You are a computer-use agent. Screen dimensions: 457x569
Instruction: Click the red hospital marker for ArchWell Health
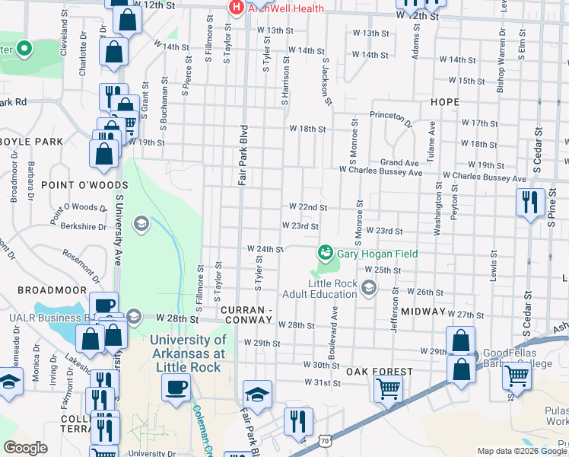237,7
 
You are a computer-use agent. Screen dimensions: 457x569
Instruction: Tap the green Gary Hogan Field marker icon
325,252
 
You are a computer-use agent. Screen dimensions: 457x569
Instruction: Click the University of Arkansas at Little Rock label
188,353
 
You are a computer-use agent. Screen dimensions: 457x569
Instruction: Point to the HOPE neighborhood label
444,102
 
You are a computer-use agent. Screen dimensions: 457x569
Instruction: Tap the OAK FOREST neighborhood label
379,372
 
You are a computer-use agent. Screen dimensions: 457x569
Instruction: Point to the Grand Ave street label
399,163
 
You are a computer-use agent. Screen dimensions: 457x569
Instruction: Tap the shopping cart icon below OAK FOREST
388,388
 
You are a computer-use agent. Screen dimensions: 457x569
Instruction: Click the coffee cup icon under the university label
176,388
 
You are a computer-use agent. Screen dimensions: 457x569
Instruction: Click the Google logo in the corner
25,448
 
